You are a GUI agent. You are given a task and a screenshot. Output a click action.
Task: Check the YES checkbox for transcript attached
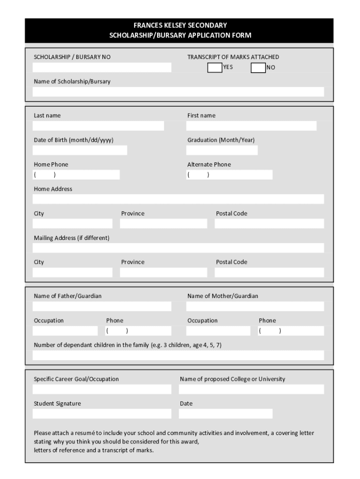pos(215,68)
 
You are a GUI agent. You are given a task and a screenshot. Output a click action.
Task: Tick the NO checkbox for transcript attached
pos(258,68)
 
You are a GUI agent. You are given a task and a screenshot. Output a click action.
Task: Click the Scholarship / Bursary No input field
pos(102,67)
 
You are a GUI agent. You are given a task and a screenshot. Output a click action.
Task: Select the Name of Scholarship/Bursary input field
pos(178,92)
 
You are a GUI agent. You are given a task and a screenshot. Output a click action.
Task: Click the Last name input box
pos(98,126)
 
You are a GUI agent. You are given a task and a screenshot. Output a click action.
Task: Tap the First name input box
pos(251,126)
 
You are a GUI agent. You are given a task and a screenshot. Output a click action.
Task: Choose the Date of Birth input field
pos(79,150)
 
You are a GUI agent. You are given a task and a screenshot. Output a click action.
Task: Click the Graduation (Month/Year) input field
pos(222,150)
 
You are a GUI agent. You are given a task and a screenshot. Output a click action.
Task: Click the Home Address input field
pos(178,199)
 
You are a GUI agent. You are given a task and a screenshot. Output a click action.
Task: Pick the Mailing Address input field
pos(178,248)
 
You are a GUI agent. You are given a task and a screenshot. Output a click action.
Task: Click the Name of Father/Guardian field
pos(102,306)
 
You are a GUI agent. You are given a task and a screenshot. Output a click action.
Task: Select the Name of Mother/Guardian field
pos(255,306)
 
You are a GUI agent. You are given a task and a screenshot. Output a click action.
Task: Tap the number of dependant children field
pos(178,356)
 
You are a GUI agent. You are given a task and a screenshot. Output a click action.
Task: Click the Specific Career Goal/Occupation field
pos(102,389)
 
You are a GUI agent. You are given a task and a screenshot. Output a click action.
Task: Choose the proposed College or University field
pos(251,389)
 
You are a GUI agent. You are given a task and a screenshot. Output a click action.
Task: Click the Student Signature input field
pos(102,414)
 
